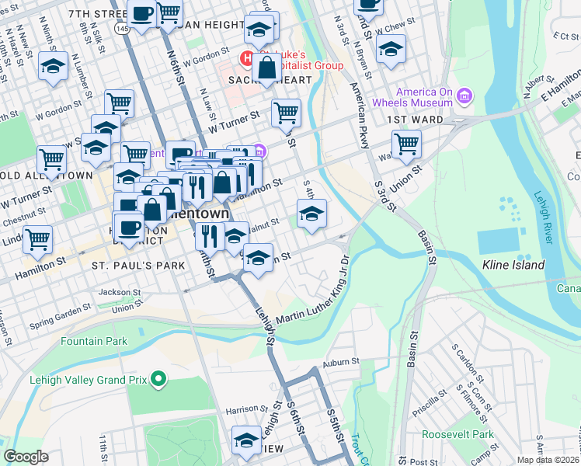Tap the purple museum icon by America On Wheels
464,96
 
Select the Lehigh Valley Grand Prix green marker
159,380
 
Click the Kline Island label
513,266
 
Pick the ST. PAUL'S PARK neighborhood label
138,266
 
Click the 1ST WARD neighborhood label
416,120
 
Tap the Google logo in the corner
25,457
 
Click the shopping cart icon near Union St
406,145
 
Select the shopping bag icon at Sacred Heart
266,68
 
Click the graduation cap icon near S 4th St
311,214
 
